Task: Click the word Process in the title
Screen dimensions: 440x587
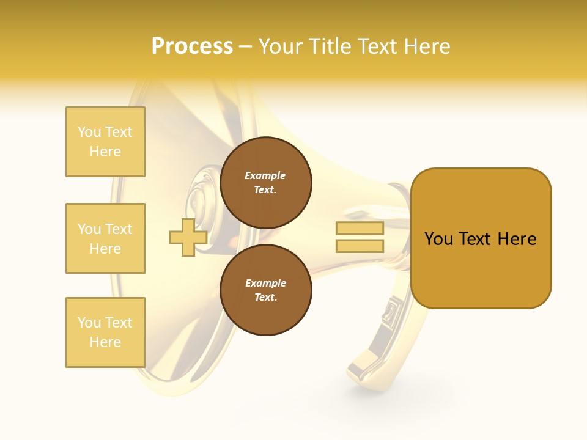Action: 192,46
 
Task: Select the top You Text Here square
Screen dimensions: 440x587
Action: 105,142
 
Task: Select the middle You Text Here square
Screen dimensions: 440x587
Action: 105,238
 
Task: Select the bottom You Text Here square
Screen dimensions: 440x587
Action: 105,332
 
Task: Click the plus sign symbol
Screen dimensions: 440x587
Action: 188,237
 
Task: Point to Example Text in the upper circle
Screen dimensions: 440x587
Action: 265,182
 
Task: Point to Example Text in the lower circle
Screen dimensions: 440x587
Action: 265,290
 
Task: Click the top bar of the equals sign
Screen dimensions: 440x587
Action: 360,229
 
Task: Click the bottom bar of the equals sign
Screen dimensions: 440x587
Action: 360,246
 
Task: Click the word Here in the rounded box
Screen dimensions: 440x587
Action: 517,239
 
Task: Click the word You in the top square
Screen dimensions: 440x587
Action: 89,132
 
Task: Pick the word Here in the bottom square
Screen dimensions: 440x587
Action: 105,342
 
